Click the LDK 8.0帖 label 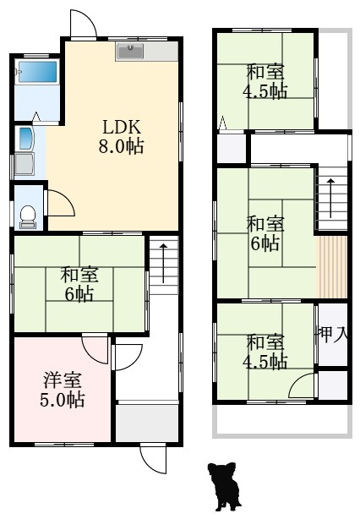[x=123, y=136]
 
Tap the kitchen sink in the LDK [x=130, y=52]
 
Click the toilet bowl [x=28, y=216]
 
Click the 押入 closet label [x=332, y=334]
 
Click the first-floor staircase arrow [x=164, y=263]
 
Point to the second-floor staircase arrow [x=331, y=197]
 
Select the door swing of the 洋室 [x=97, y=347]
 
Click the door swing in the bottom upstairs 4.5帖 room [x=303, y=385]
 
